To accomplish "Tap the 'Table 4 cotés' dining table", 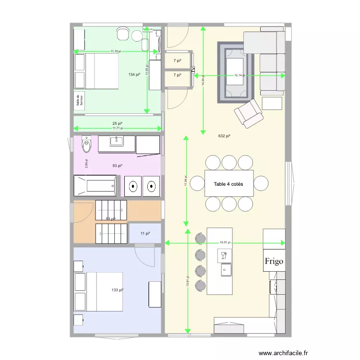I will tap(229, 184).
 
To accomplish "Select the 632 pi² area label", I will tap(224, 136).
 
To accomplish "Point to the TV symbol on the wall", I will tap(193, 71).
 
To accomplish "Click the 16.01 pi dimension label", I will tap(225, 243).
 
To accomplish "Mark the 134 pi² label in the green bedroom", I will tap(134, 74).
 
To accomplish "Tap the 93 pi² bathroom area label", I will tap(117, 166).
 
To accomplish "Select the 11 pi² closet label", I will tap(145, 233).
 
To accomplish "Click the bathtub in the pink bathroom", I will tap(95, 185).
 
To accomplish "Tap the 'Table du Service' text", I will tap(79, 100).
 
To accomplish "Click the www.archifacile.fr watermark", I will tap(283, 353).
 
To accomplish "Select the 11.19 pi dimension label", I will tap(116, 51).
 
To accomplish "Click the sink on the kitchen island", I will tap(225, 270).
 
